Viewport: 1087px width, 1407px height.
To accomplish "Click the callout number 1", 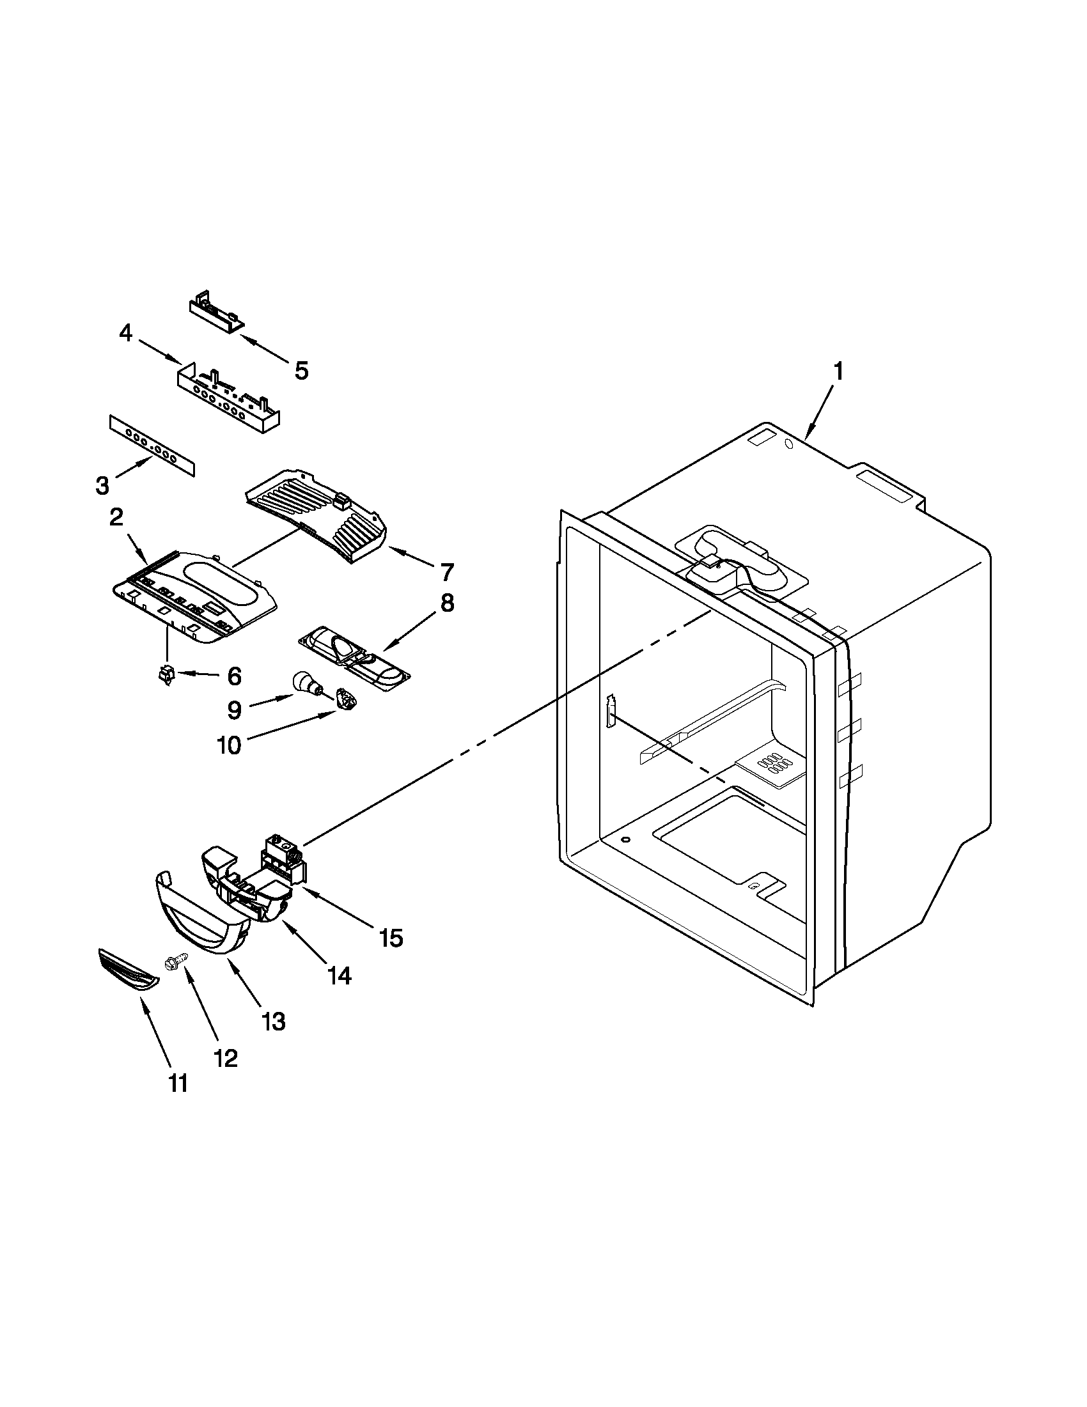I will tap(838, 371).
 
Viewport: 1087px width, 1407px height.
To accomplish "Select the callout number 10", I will tap(230, 745).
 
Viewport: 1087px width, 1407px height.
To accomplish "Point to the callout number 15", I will tap(391, 938).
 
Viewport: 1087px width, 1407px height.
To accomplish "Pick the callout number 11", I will tap(178, 1084).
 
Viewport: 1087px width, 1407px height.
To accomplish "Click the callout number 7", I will tap(446, 571).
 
